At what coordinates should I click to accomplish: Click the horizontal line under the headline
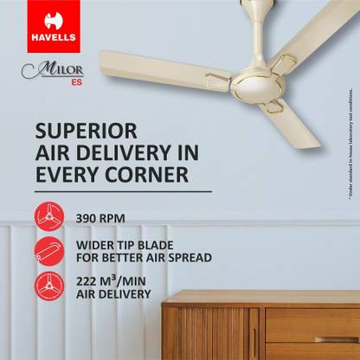(x=122, y=190)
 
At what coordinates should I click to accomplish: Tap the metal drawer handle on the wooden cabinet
(x=336, y=339)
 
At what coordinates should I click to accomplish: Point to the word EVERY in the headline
(x=68, y=174)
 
